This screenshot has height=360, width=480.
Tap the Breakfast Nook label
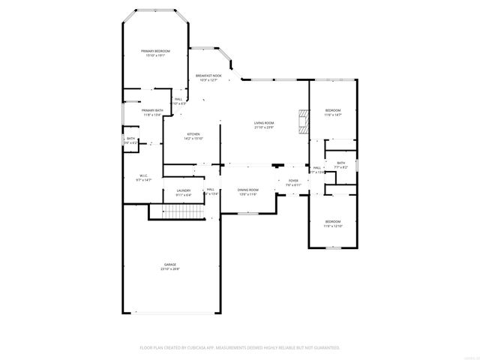208,76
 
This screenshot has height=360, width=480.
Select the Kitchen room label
193,134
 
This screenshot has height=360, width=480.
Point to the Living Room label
263,123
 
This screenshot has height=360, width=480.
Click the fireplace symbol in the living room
302,122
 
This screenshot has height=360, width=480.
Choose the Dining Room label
248,190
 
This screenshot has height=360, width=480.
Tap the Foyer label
292,180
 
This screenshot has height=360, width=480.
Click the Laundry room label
184,190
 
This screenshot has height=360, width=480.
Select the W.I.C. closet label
144,175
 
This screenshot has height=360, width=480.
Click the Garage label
170,265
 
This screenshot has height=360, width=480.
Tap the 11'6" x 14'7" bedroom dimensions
332,115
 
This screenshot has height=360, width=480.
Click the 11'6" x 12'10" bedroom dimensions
332,226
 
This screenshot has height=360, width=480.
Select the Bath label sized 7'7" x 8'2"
341,163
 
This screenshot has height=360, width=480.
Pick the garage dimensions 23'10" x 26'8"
170,269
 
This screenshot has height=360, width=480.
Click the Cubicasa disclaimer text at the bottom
240,348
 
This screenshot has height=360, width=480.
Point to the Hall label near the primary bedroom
178,99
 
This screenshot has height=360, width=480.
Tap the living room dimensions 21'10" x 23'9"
263,127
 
